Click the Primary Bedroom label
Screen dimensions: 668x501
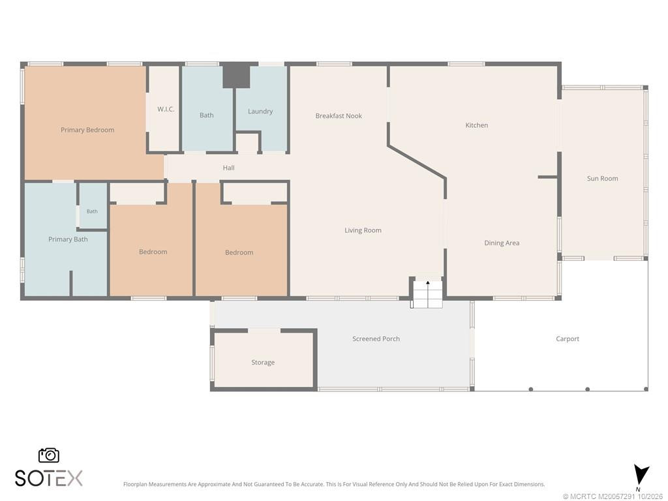(x=87, y=130)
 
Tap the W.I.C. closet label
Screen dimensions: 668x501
(x=166, y=109)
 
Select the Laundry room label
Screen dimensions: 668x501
(x=260, y=111)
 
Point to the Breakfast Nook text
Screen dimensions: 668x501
(x=339, y=116)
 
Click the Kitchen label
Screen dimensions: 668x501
(x=477, y=125)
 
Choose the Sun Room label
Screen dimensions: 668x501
(x=602, y=179)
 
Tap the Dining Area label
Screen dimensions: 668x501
(x=502, y=243)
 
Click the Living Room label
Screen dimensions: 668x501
(x=363, y=230)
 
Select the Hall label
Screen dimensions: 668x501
(x=229, y=168)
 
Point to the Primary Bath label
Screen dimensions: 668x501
(x=68, y=239)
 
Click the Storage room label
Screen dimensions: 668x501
(x=263, y=363)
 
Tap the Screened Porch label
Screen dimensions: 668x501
(x=376, y=339)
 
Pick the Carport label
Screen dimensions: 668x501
(x=568, y=339)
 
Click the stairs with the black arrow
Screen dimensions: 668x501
(x=427, y=294)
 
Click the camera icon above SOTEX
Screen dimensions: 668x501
(x=49, y=455)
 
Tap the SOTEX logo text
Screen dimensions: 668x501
(x=49, y=478)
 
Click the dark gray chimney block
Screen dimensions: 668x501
(x=236, y=76)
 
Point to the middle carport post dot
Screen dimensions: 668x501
(x=588, y=389)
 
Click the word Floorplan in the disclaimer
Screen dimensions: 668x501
(x=135, y=485)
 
